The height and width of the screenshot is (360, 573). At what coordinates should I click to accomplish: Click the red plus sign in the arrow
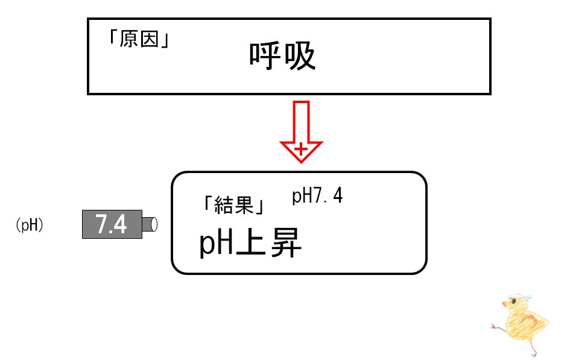click(301, 148)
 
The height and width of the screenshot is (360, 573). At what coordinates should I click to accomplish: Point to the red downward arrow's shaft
click(301, 121)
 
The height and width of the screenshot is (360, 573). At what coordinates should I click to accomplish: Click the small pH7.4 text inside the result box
click(317, 196)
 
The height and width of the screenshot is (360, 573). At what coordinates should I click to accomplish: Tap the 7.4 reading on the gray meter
click(111, 224)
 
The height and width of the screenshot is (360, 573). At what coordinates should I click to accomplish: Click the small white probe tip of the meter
click(153, 224)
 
